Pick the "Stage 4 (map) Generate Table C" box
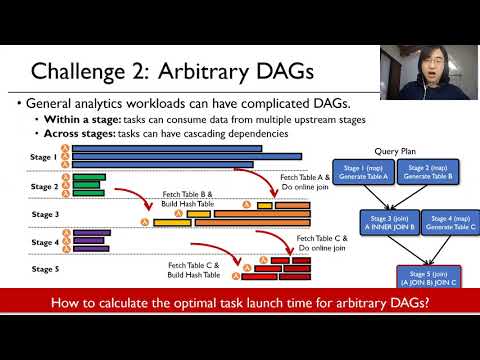[x=428, y=222]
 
